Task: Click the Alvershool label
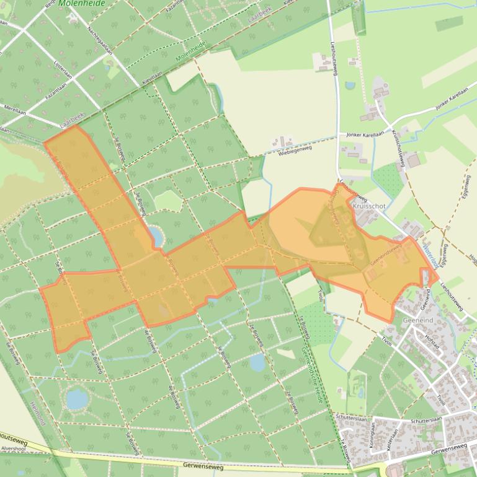pyautogui.click(x=12, y=447)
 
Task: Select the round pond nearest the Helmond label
pyautogui.click(x=77, y=400)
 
